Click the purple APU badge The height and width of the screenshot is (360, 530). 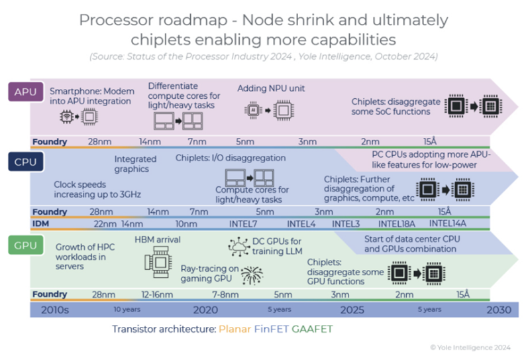point(25,91)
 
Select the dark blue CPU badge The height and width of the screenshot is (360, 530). point(25,162)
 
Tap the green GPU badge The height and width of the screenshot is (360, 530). point(25,246)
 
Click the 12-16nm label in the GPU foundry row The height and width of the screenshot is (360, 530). point(157,294)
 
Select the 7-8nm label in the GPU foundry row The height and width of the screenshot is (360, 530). point(225,294)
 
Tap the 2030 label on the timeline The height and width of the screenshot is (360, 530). point(498,310)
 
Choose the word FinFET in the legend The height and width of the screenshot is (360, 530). point(272,330)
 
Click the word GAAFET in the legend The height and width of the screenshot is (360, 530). point(313,330)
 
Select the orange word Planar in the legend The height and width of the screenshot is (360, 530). point(235,330)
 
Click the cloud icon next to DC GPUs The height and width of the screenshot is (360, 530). point(237,248)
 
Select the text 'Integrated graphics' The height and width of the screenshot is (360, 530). point(135,164)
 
